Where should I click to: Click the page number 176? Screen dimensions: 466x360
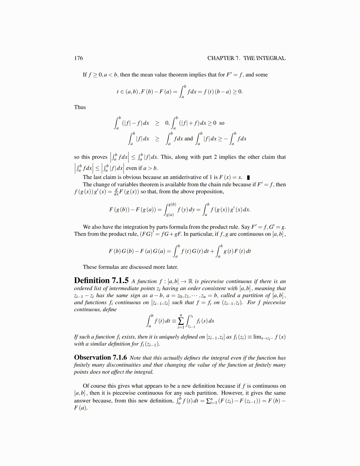79,58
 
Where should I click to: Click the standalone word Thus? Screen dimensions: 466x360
80,107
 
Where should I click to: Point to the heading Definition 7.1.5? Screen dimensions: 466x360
101,281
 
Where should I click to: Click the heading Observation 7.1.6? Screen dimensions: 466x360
100,357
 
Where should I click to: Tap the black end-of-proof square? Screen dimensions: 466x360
249,177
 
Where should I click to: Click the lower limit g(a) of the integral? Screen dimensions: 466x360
170,215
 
